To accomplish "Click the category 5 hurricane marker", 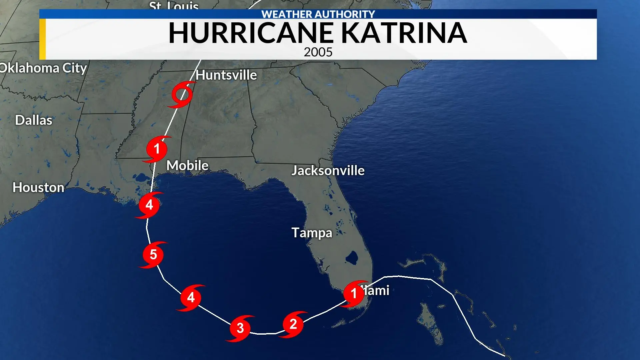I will click(x=153, y=255).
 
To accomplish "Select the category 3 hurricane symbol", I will click(x=240, y=328).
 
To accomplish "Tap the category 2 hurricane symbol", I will click(x=293, y=324).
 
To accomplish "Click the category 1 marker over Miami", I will click(x=354, y=294).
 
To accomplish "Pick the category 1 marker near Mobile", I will click(x=157, y=149).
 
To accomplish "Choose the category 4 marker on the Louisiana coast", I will click(x=149, y=205).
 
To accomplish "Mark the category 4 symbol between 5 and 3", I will click(x=191, y=297).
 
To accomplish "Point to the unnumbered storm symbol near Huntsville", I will click(x=182, y=95).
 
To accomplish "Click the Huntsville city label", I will click(x=226, y=75).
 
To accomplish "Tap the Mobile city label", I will click(x=187, y=165).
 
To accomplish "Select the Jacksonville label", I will click(x=328, y=171).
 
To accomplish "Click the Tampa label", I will click(x=312, y=233).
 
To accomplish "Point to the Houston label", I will click(x=38, y=187).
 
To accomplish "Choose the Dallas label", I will click(x=34, y=120).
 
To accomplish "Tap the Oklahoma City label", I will click(x=43, y=68).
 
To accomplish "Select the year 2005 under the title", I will click(x=318, y=52).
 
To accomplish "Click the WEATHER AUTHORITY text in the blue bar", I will click(x=318, y=14).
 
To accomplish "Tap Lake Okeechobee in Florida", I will click(x=352, y=257).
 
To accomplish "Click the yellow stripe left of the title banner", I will click(x=42, y=39).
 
